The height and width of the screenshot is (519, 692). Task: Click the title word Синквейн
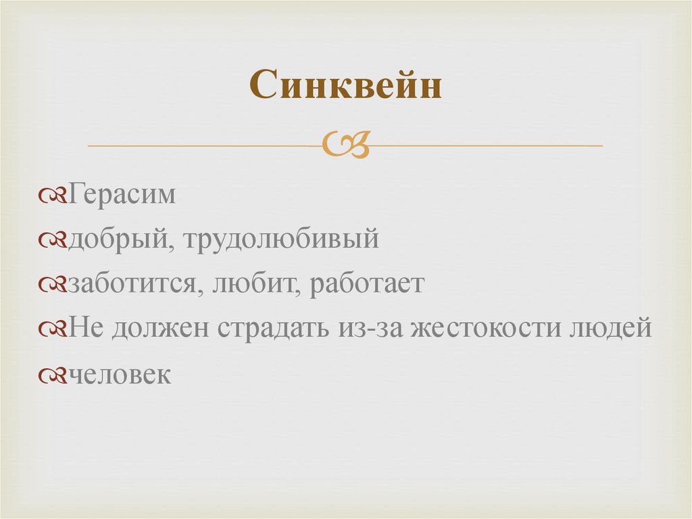pos(345,85)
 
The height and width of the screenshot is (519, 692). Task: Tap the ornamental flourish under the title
pos(346,143)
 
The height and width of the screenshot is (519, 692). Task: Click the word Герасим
pos(122,195)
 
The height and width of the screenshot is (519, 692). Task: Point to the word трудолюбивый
pos(278,240)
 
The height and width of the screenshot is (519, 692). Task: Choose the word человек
pos(120,374)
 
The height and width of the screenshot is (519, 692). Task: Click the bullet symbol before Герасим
pos(53,196)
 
